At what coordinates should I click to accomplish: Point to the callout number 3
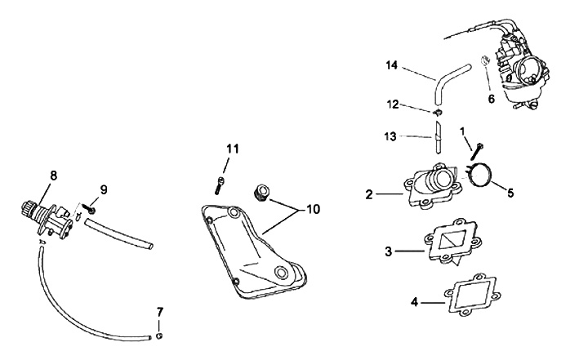click(x=389, y=251)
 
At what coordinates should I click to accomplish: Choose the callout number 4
click(x=415, y=301)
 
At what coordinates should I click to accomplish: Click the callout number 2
click(x=369, y=194)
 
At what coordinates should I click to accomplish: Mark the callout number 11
click(x=233, y=149)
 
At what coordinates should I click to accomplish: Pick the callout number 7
click(x=159, y=311)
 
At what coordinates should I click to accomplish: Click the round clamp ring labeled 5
click(x=480, y=175)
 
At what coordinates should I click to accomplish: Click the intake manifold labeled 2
click(x=430, y=188)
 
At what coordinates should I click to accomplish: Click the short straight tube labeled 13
click(x=439, y=136)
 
